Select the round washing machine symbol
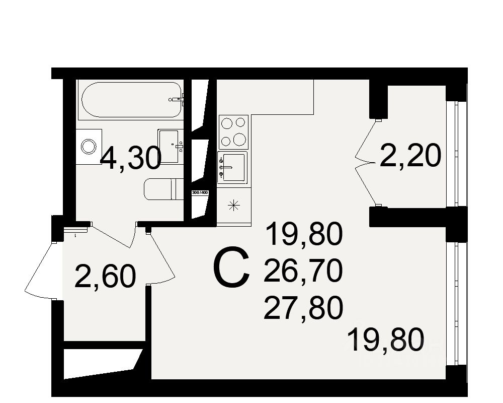tap(89, 147)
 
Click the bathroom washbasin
tap(169, 146)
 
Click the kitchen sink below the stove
tap(233, 167)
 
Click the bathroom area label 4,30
tap(130, 159)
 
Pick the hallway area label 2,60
tap(105, 276)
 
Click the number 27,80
tap(303, 307)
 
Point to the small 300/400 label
tap(200, 192)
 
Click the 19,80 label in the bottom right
tap(386, 340)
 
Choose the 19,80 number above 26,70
tap(303, 236)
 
